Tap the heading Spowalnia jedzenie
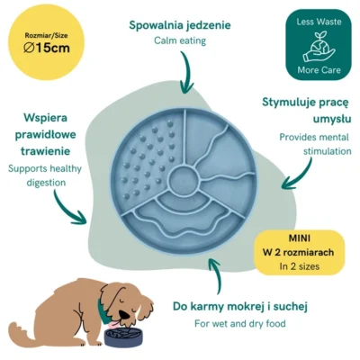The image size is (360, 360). pos(180,25)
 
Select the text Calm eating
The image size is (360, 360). pos(180,40)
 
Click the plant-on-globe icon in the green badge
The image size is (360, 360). pos(319,46)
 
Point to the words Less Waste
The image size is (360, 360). pos(319,22)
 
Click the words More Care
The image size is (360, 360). pos(319,70)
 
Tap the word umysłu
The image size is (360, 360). pos(332,119)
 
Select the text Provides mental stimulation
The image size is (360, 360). pos(315,144)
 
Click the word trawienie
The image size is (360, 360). pos(46,151)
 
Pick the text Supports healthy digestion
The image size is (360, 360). pos(45,175)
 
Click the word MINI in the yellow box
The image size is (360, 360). pos(300,238)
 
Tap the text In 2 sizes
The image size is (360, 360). pos(300,266)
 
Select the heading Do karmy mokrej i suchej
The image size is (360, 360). pos(240,307)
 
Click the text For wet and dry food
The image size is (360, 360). pos(240,323)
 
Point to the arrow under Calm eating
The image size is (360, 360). pos(186,72)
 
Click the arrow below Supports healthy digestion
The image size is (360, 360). pos(68,209)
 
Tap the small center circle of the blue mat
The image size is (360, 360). pos(184,180)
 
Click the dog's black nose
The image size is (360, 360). pos(123,314)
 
